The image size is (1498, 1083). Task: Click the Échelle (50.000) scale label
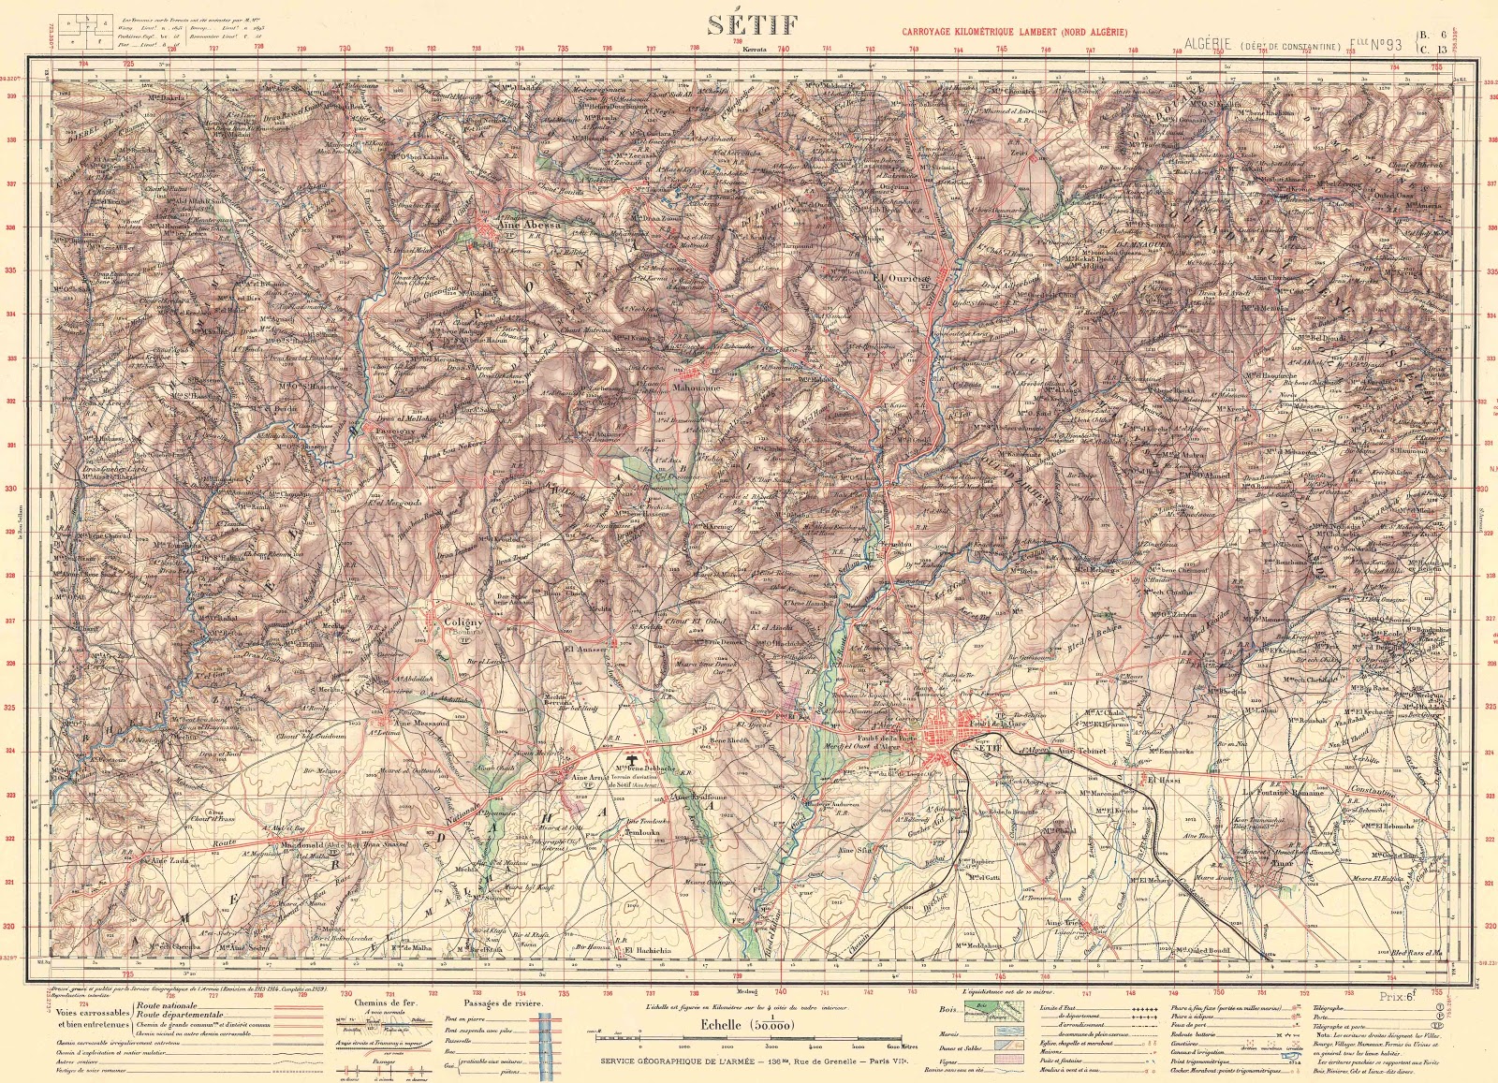pos(746,1025)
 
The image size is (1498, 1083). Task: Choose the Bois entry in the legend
pos(947,1009)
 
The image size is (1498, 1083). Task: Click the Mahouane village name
pos(697,386)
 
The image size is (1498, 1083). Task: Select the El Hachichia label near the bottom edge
pos(648,950)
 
